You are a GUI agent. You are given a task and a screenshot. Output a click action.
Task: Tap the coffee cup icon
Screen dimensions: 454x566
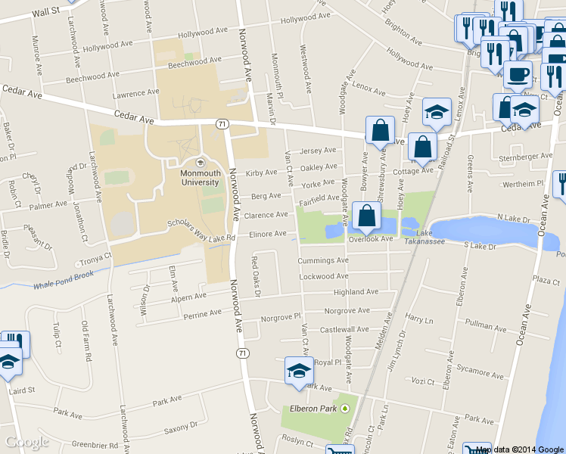[518, 75]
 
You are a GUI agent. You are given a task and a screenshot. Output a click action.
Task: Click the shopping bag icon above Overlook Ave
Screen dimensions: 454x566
[366, 216]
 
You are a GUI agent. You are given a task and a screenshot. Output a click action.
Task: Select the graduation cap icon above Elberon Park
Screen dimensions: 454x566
[298, 372]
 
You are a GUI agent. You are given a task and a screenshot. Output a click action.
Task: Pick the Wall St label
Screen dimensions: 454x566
[46, 12]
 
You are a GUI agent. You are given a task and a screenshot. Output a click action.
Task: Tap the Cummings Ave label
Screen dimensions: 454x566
[322, 260]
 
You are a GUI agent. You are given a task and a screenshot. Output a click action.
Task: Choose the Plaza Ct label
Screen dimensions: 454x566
[545, 279]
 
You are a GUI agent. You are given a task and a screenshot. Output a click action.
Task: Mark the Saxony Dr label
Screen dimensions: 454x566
[180, 431]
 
